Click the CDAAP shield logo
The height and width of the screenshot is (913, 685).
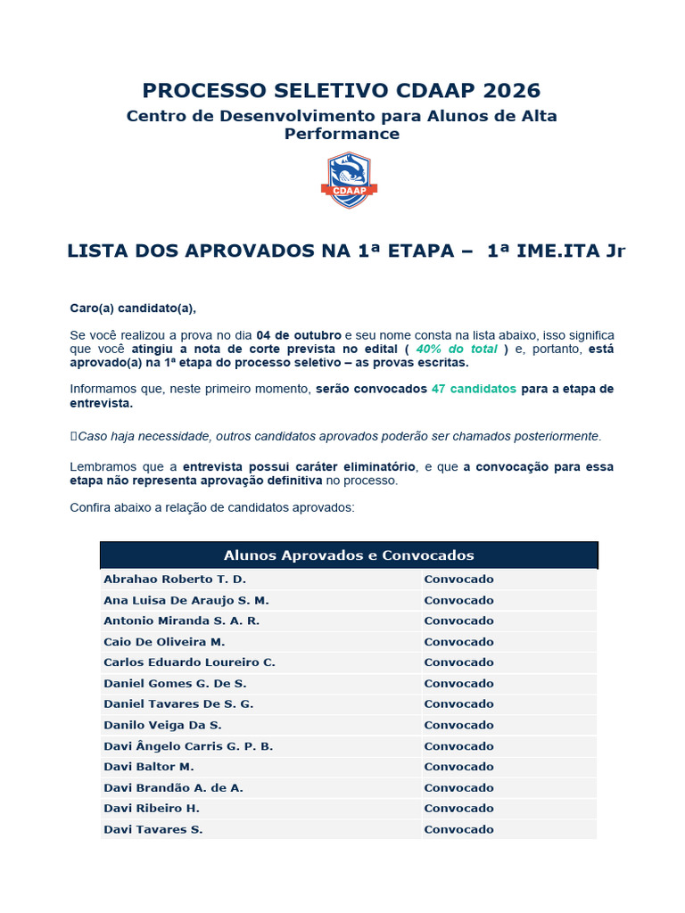pyautogui.click(x=349, y=180)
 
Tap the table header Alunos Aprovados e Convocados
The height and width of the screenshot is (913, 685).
pyautogui.click(x=349, y=555)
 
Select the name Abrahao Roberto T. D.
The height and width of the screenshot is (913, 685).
pyautogui.click(x=175, y=580)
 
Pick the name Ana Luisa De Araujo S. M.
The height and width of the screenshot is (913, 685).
pyautogui.click(x=186, y=600)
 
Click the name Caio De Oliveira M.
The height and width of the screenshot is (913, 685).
pyautogui.click(x=164, y=642)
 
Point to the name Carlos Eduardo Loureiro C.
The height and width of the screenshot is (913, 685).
pyautogui.click(x=189, y=662)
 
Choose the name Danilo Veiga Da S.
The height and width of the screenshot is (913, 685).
pyautogui.click(x=162, y=725)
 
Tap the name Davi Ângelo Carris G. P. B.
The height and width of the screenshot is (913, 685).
pyautogui.click(x=188, y=746)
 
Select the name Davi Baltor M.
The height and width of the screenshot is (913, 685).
pyautogui.click(x=149, y=767)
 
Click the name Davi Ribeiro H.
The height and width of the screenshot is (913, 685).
pyautogui.click(x=152, y=809)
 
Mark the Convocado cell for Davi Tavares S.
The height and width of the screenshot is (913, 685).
pyautogui.click(x=458, y=829)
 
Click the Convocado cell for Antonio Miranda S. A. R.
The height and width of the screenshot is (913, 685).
pyautogui.click(x=458, y=621)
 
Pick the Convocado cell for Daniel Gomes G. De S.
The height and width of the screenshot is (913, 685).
pyautogui.click(x=458, y=683)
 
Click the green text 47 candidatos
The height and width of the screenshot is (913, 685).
pyautogui.click(x=474, y=390)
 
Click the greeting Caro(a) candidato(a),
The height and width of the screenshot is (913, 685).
pyautogui.click(x=133, y=308)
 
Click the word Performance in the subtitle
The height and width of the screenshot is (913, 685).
pyautogui.click(x=342, y=134)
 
